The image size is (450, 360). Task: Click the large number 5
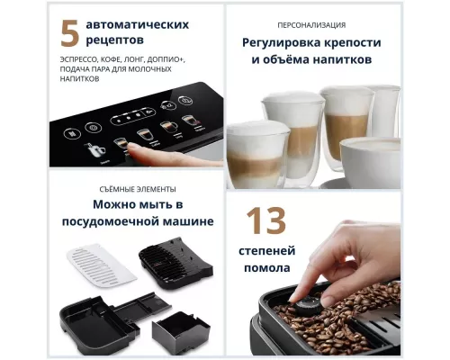click(x=69, y=32)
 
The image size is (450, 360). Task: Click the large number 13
click(x=267, y=220)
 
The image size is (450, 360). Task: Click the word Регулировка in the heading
click(x=280, y=43)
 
